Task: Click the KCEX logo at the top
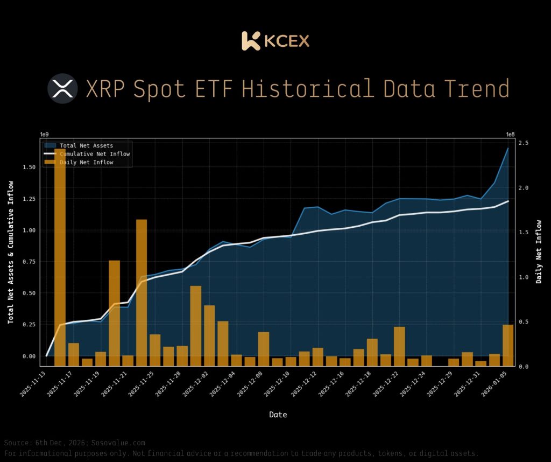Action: tap(275, 41)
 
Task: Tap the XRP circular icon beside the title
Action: tap(63, 88)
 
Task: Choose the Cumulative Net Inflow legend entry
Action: tap(95, 154)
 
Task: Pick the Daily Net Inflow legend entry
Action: tap(86, 162)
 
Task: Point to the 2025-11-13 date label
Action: tap(34, 386)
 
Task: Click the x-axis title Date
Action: tap(278, 415)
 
